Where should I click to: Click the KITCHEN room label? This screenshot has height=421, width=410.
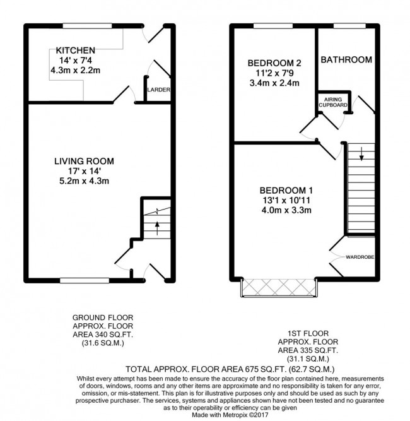(76, 50)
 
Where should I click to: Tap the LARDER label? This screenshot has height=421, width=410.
(158, 90)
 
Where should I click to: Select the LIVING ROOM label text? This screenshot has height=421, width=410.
(84, 161)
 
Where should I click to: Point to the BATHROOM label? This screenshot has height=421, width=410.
(346, 59)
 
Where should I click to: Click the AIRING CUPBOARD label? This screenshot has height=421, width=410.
(333, 102)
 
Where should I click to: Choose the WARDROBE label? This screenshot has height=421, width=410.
(360, 258)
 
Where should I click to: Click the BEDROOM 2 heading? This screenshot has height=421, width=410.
(274, 63)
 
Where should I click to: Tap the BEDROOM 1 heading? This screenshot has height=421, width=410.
(286, 191)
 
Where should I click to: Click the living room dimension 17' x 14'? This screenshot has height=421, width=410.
(85, 171)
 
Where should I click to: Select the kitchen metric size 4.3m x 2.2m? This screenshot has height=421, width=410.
(76, 70)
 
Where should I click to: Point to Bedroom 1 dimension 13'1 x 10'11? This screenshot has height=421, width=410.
(286, 200)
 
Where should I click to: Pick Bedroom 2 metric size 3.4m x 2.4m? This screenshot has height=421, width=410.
(274, 83)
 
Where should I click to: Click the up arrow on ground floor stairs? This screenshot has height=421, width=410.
(157, 228)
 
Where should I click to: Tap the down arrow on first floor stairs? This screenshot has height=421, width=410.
(361, 154)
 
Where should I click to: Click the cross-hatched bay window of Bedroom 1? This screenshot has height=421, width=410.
(279, 288)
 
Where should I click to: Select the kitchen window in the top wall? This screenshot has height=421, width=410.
(87, 26)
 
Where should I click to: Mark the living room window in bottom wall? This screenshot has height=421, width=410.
(85, 281)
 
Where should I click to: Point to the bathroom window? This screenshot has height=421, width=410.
(349, 26)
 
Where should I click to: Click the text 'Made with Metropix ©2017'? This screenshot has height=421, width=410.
(230, 415)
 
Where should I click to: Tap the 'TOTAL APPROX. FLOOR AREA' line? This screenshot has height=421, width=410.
(230, 369)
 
